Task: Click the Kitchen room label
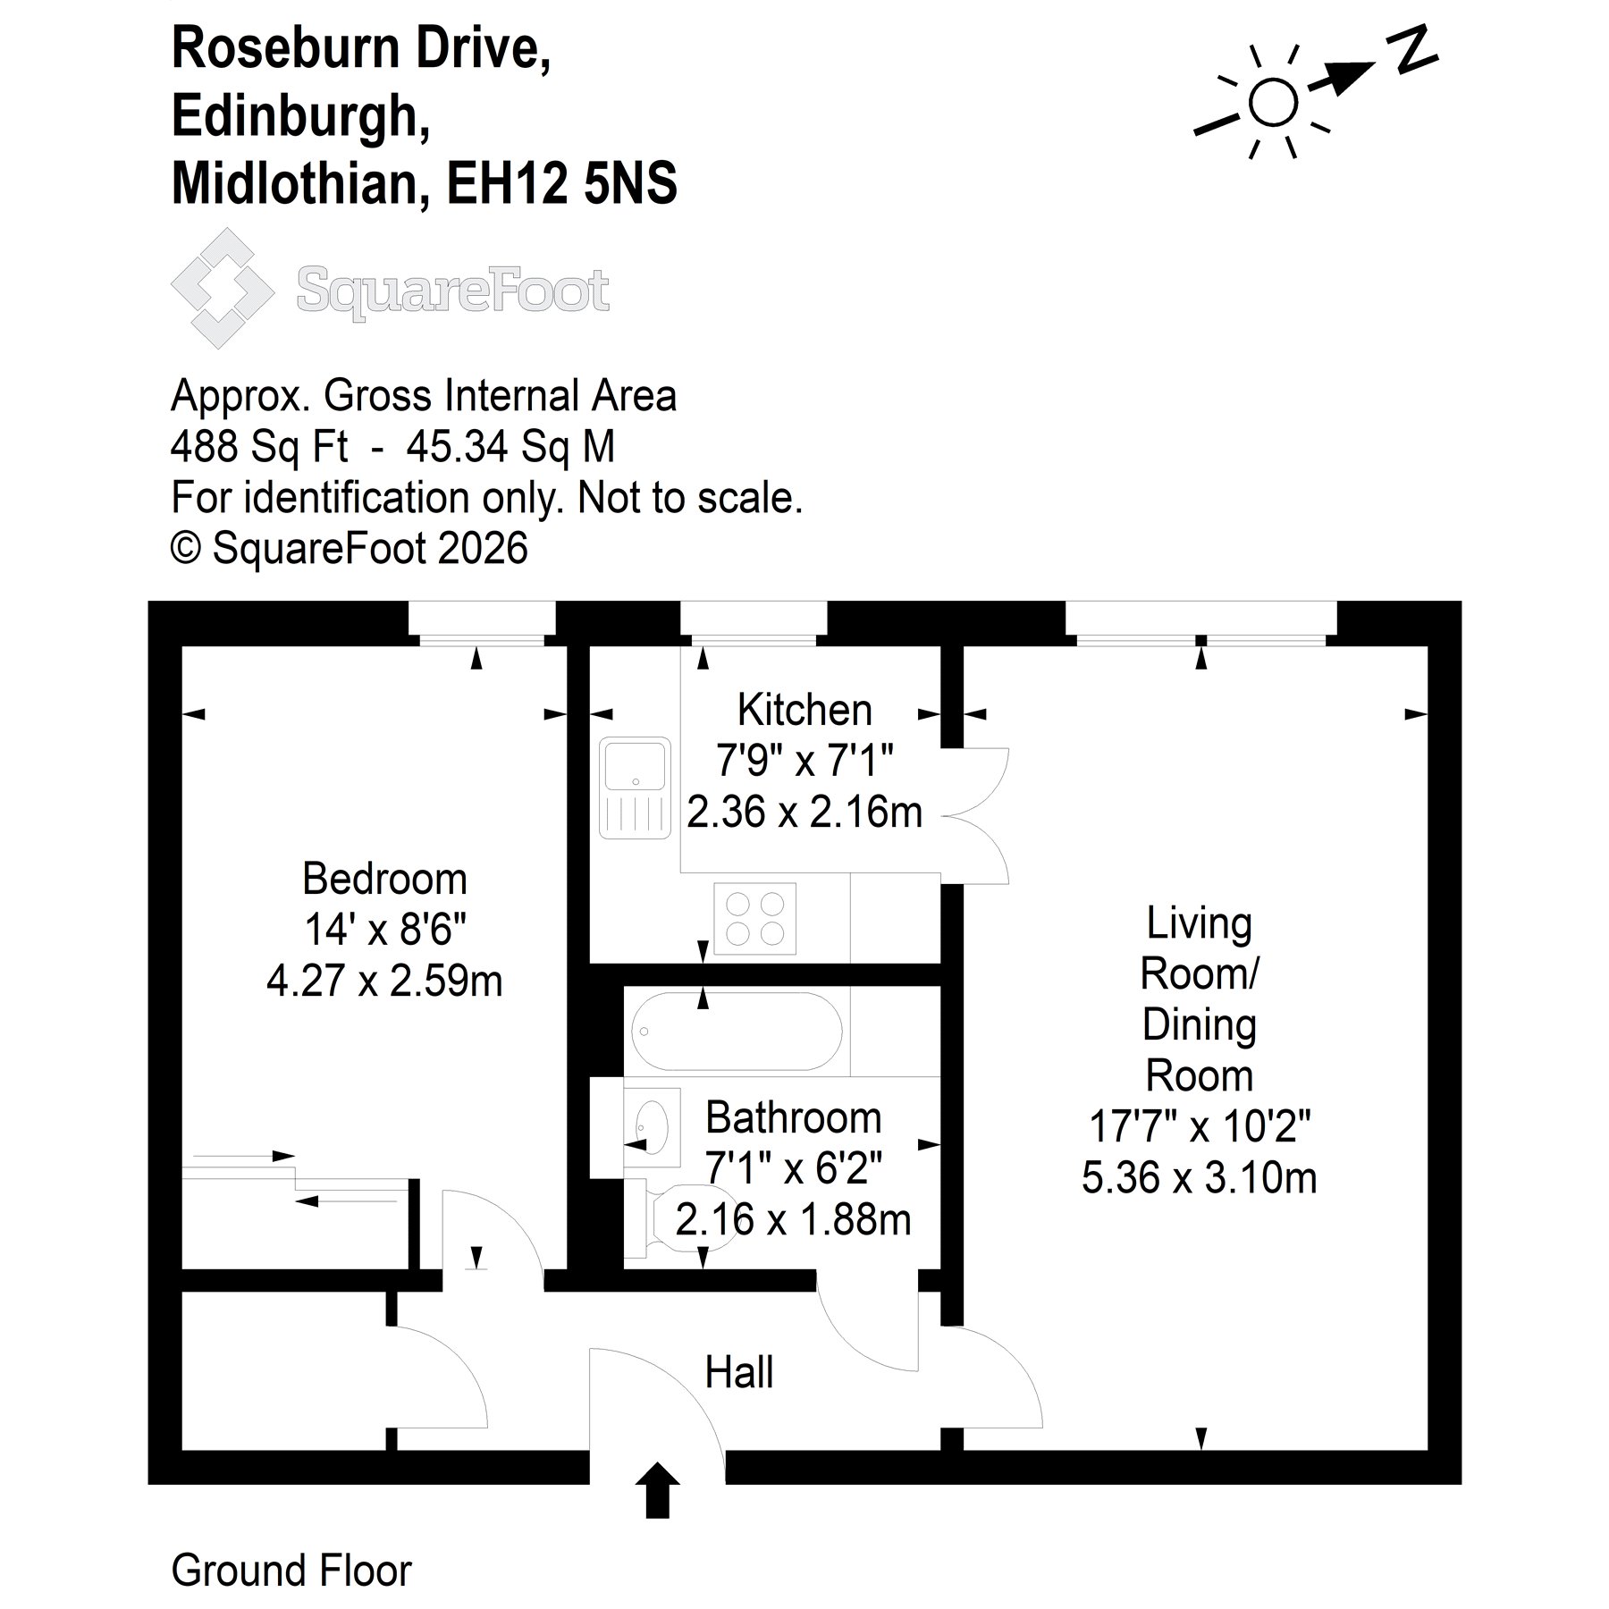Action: tap(804, 711)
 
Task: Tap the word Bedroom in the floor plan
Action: tap(384, 880)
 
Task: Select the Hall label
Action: tap(738, 1372)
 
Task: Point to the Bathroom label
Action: tap(794, 1117)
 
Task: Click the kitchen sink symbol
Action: tap(635, 788)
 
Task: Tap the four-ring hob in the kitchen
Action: tap(755, 919)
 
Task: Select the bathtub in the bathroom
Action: tap(737, 1031)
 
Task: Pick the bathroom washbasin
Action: tap(652, 1125)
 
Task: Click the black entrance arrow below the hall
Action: tap(657, 1490)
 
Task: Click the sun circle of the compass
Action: tap(1273, 103)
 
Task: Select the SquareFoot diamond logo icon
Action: tap(223, 288)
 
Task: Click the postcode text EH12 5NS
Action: tap(561, 183)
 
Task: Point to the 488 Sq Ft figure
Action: tap(259, 447)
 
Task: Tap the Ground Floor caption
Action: tap(291, 1571)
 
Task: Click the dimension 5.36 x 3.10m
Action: tap(1200, 1178)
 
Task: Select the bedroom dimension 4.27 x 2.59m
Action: tap(384, 981)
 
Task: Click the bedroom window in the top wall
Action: tap(482, 624)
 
